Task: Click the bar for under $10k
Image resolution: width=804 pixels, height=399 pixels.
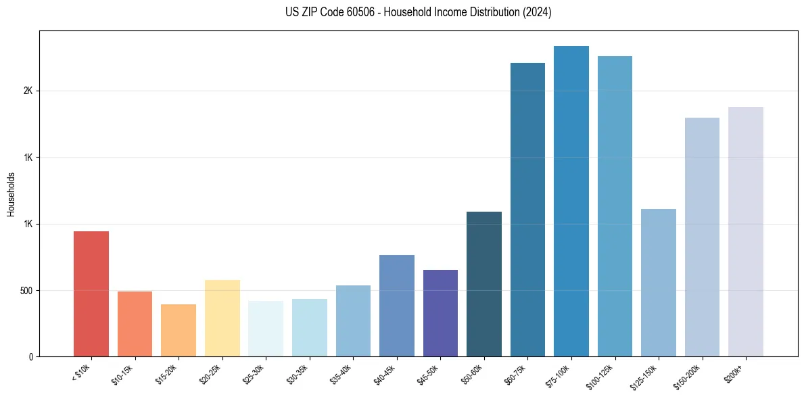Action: coord(91,294)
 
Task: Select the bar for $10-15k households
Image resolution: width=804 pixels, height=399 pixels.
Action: coord(135,324)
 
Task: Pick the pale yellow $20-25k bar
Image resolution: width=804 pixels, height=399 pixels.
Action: coord(222,318)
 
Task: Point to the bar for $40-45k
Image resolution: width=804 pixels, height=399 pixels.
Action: coord(396,306)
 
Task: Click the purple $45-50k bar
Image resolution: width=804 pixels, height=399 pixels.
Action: coord(440,313)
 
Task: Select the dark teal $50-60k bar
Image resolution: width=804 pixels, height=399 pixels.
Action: coord(484,284)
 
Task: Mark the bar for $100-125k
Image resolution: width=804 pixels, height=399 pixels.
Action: coord(615,206)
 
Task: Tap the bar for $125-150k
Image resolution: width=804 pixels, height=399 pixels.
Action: coord(659,283)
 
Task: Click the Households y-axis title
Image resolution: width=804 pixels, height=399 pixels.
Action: coord(11,194)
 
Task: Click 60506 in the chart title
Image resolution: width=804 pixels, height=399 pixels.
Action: coord(356,12)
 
